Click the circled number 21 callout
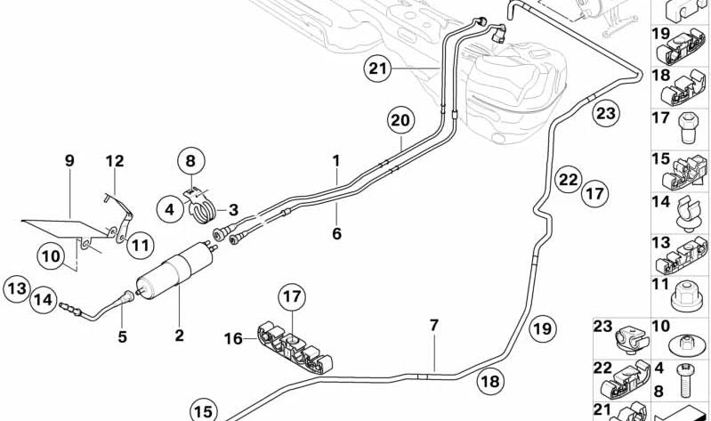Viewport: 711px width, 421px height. [376, 68]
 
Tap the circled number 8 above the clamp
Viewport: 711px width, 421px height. [190, 162]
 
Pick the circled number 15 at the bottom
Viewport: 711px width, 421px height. [204, 410]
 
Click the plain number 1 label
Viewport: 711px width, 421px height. [336, 161]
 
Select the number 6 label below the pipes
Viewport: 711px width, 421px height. [336, 234]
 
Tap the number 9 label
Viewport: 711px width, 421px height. [69, 161]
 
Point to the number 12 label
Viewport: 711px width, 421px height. [115, 161]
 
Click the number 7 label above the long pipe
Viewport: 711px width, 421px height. [433, 326]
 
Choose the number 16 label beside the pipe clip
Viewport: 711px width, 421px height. [233, 338]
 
